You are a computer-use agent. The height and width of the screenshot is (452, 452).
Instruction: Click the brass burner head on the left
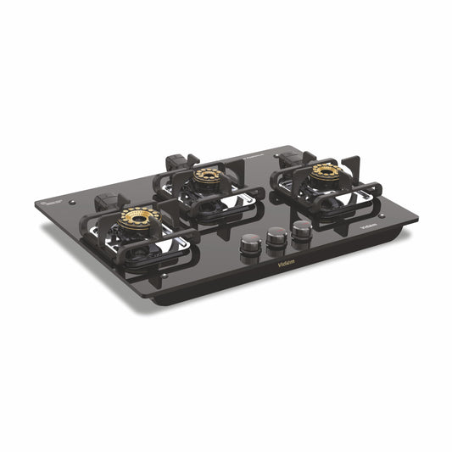click(x=138, y=219)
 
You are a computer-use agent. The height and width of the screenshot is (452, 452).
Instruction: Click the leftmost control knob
click(x=249, y=245)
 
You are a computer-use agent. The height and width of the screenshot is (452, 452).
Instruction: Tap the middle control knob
click(x=276, y=238)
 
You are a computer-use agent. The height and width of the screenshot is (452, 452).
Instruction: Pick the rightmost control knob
click(x=301, y=230)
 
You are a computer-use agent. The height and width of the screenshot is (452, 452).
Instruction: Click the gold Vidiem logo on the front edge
click(x=287, y=263)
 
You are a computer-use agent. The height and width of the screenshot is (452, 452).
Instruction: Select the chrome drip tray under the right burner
click(x=356, y=195)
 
